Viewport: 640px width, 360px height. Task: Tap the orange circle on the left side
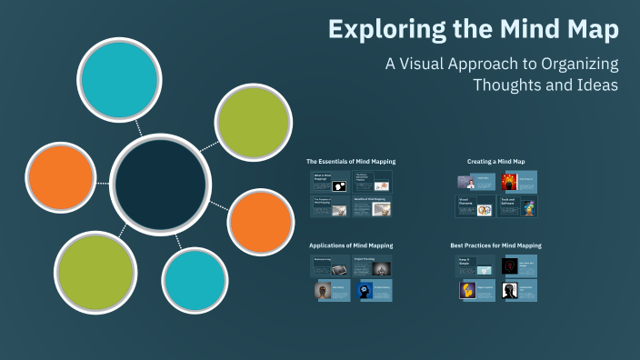click(61, 179)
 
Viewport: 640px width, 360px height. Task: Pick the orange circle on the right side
click(260, 222)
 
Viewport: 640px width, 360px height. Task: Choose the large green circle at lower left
click(95, 272)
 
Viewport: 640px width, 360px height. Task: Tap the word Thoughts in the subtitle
click(507, 85)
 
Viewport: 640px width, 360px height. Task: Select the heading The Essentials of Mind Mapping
click(351, 162)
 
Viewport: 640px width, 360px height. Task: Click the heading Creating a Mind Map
click(495, 162)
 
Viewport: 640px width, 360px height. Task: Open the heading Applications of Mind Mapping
click(351, 245)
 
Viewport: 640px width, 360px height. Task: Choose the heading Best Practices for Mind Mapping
click(495, 245)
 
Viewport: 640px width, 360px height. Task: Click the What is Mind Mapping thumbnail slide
click(331, 181)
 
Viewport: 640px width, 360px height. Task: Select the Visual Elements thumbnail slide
click(475, 206)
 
